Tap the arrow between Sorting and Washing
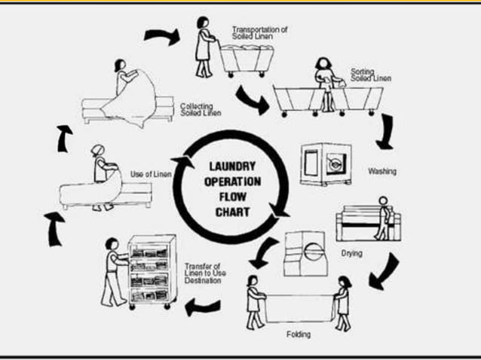pyautogui.click(x=388, y=131)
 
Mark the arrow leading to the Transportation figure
pyautogui.click(x=161, y=36)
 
